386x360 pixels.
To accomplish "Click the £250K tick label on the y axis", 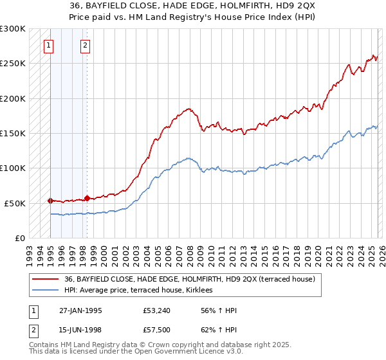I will (13, 64).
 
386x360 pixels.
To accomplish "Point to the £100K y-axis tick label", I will (13, 168).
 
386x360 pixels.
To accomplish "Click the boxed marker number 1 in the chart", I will (50, 45).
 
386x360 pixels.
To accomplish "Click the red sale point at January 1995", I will (50, 201).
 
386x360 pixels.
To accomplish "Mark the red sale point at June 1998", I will (87, 198).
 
